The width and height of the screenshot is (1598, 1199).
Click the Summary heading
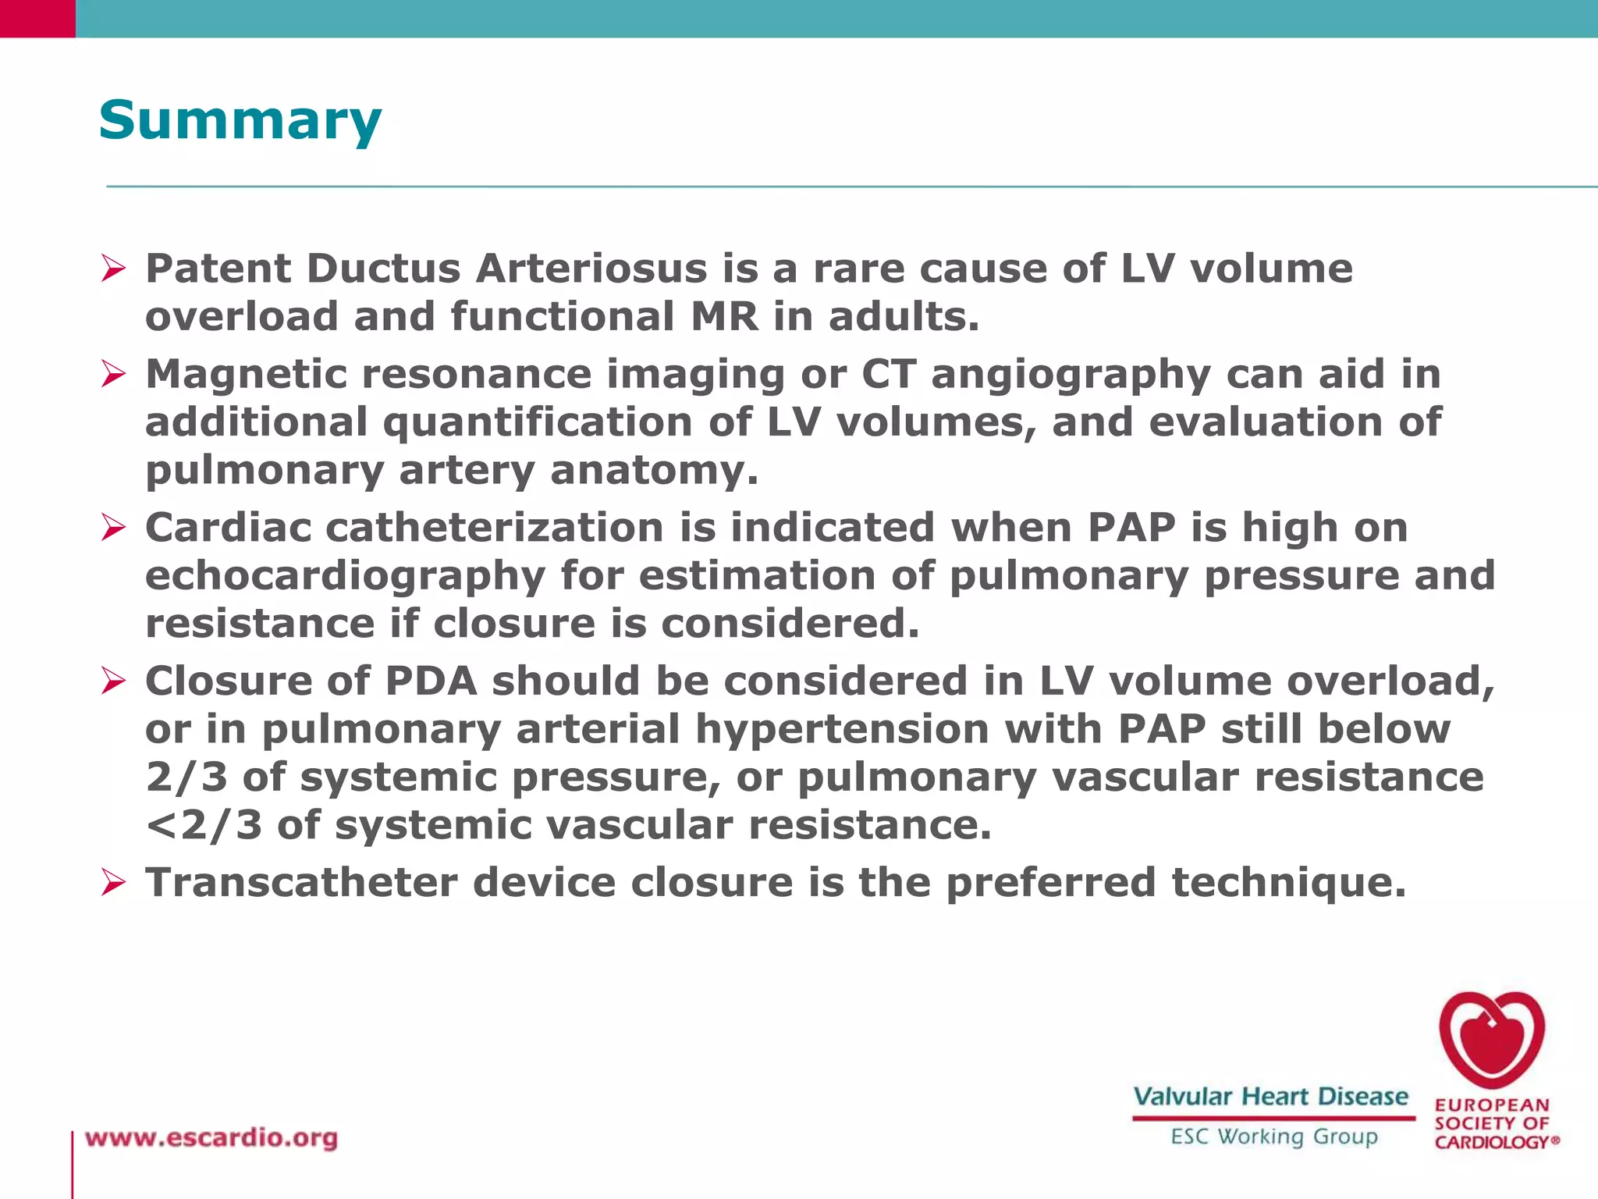(240, 121)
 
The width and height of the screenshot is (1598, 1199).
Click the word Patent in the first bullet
(218, 269)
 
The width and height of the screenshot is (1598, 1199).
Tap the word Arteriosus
(591, 269)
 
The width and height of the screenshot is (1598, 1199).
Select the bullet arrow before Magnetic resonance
(113, 375)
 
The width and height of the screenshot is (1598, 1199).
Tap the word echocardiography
(345, 577)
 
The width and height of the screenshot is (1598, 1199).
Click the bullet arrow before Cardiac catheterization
(113, 528)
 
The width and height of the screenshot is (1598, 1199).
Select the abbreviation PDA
(431, 681)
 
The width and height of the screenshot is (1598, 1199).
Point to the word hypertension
(841, 730)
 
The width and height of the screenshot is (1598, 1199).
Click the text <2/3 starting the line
(204, 826)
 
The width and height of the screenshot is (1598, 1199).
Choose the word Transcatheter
(301, 883)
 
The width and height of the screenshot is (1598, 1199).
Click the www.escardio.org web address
(211, 1138)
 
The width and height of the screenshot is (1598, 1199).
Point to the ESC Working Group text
(1273, 1137)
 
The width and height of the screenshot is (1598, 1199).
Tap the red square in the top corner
(37, 18)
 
